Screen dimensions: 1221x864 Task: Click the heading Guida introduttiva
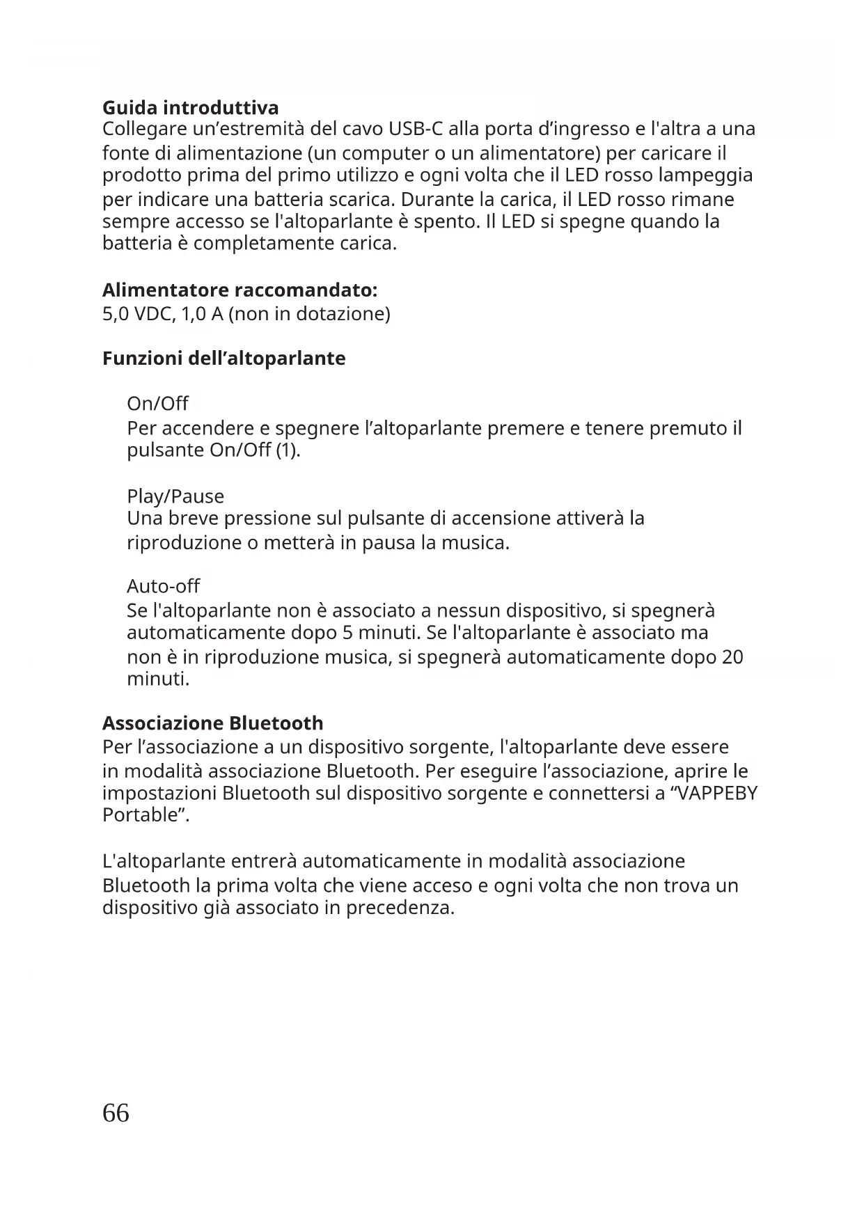(190, 108)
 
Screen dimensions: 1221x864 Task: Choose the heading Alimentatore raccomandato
(239, 290)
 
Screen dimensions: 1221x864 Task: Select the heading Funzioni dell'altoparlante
(223, 359)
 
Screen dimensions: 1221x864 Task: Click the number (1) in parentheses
(288, 450)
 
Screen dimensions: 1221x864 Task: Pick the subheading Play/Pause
(175, 496)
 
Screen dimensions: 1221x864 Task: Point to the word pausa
(388, 542)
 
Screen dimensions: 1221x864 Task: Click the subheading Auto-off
(163, 586)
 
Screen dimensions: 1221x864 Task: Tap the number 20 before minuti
(732, 657)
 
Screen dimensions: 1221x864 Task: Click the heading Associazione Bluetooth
(212, 723)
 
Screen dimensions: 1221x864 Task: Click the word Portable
(142, 814)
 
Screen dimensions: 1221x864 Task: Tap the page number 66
(116, 1113)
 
